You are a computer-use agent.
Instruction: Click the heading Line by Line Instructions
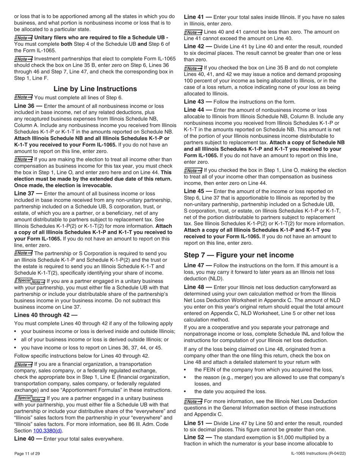(95, 89)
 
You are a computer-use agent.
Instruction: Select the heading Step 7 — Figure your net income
(239, 255)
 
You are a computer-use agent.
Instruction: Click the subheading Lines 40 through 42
(45, 315)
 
